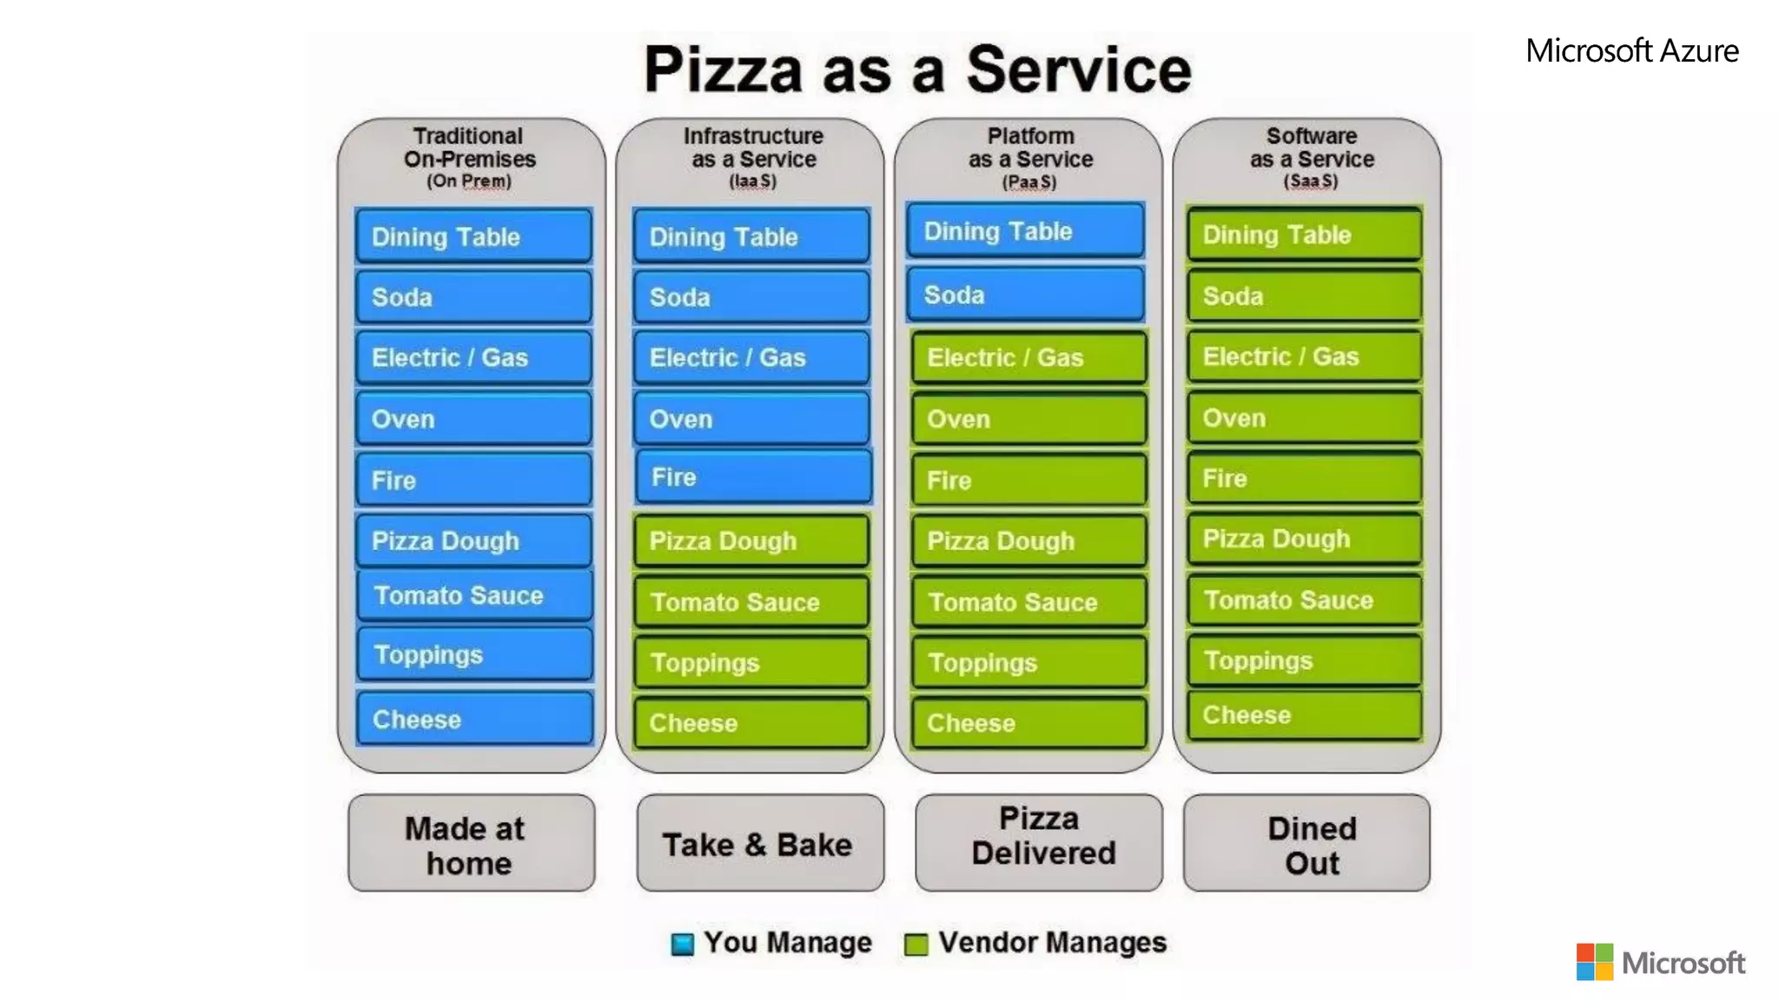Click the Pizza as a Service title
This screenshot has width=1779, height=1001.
[917, 70]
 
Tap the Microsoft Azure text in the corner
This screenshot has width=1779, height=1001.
[1631, 50]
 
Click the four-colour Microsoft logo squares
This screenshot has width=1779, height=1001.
[1594, 962]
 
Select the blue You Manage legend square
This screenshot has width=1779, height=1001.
[683, 944]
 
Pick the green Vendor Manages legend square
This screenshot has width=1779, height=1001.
[916, 944]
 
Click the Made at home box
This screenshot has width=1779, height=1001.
[471, 843]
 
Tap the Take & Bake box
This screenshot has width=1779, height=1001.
[759, 843]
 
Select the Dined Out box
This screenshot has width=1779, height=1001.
[1306, 843]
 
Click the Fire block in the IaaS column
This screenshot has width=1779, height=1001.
[753, 477]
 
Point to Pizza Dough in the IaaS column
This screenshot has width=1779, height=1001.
[751, 540]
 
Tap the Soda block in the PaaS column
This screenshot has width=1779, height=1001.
[1025, 295]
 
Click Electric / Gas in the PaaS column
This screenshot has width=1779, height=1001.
[1028, 357]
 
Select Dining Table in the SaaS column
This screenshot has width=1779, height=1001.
[1304, 235]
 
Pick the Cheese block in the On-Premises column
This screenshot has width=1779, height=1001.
[474, 719]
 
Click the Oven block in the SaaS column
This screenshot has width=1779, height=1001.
[1304, 418]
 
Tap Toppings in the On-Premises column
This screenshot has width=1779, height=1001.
[474, 654]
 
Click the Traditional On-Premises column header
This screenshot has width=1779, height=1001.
[469, 157]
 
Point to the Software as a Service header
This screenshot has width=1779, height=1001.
[1312, 157]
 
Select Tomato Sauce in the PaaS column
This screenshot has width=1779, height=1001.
[1028, 601]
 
